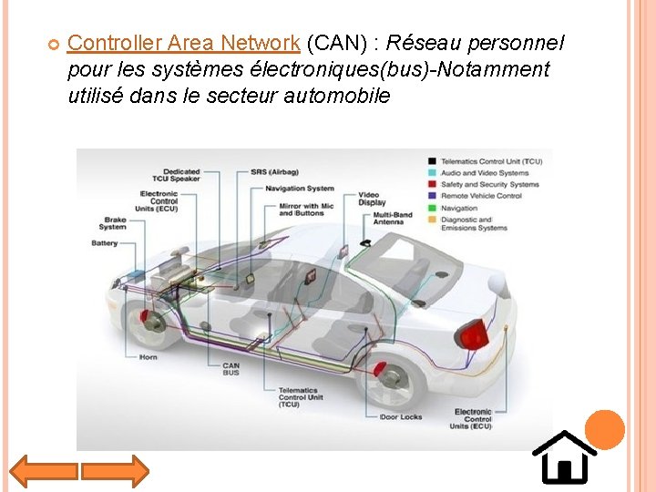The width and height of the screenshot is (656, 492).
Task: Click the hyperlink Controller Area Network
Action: click(x=183, y=43)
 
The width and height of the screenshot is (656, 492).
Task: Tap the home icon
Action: click(x=564, y=457)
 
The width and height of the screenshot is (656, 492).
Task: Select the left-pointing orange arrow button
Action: click(x=44, y=471)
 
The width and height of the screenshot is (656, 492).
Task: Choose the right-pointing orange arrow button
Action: click(x=114, y=471)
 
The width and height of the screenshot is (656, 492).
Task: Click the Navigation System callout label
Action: click(x=300, y=189)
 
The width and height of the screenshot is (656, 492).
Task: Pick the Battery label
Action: click(x=104, y=243)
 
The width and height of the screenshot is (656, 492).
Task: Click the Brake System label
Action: click(x=113, y=223)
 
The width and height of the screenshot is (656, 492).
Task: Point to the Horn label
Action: click(x=148, y=357)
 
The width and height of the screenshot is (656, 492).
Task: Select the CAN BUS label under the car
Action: click(x=231, y=369)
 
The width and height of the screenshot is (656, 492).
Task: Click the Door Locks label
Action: click(x=402, y=416)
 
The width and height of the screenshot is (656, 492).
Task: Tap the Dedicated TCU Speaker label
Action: click(x=181, y=175)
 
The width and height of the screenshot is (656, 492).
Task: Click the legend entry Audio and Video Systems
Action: click(x=484, y=173)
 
